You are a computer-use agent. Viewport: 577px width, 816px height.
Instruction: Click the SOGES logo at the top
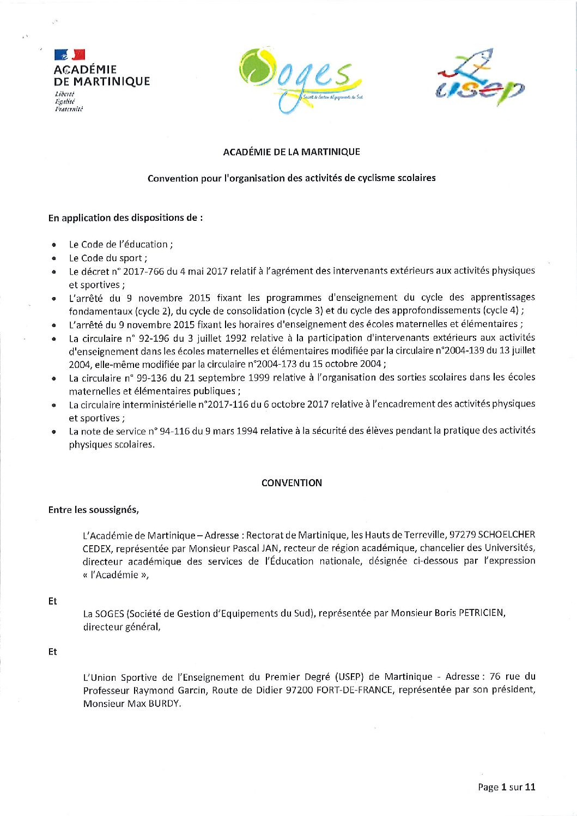[x=300, y=80]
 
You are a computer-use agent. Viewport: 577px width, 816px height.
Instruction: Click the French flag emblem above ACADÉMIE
[x=70, y=54]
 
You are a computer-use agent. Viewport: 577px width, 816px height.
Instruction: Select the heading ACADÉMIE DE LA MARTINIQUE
[x=291, y=152]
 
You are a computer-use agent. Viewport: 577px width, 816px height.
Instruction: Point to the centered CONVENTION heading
[x=291, y=483]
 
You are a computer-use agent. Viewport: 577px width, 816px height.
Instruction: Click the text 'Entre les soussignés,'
[x=94, y=510]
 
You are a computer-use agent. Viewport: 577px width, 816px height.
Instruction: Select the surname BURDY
[x=164, y=704]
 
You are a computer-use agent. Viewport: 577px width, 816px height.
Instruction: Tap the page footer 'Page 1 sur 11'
[x=506, y=787]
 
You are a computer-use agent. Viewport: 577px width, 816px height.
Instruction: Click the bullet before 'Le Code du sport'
[x=54, y=259]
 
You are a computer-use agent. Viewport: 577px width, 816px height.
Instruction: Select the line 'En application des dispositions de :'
[x=125, y=218]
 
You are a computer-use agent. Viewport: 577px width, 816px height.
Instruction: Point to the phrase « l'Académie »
[x=116, y=575]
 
